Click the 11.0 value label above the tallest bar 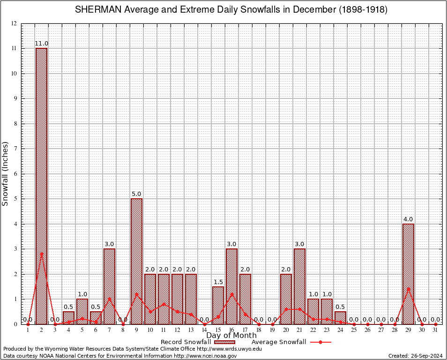click(x=41, y=44)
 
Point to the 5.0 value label click(x=136, y=194)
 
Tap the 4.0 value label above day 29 click(x=408, y=219)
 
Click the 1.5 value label click(x=218, y=282)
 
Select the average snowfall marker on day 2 click(x=41, y=254)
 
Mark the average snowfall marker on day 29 click(x=408, y=289)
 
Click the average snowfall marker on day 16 click(x=231, y=294)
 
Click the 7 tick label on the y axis click(x=15, y=149)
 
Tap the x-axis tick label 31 click(x=435, y=330)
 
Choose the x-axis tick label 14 click(x=204, y=330)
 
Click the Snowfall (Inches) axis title click(x=6, y=173)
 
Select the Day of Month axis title click(x=231, y=335)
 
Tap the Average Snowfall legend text click(x=278, y=342)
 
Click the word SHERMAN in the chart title click(x=97, y=10)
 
